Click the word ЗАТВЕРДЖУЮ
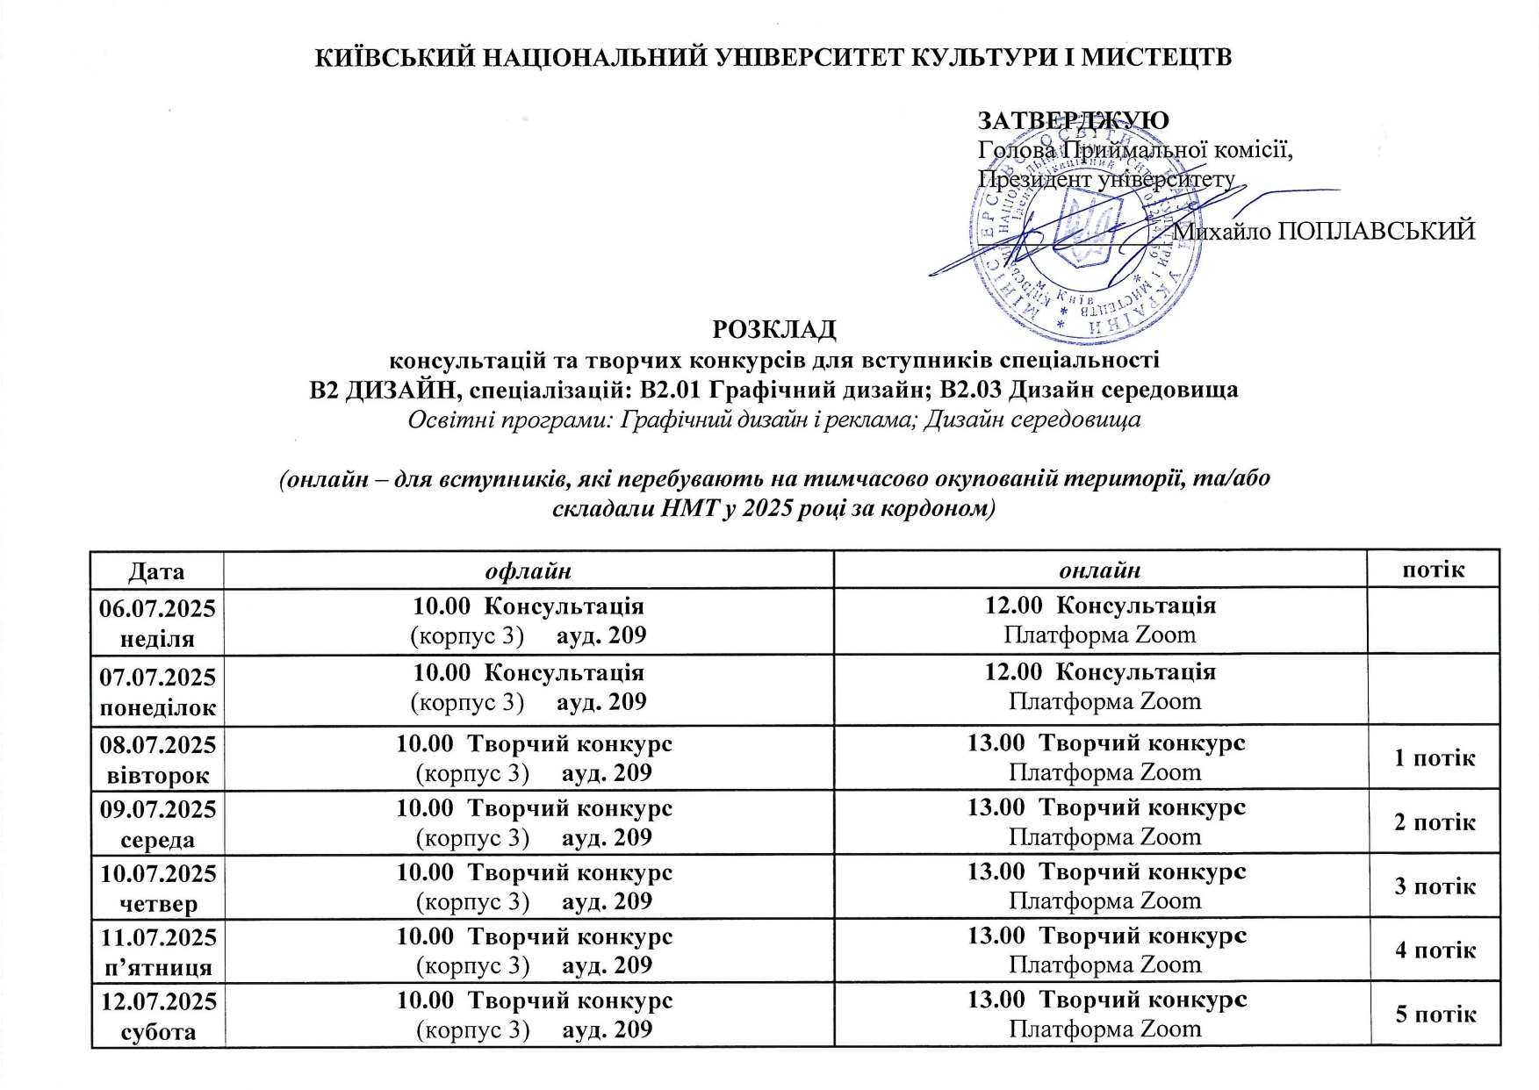[x=1073, y=120]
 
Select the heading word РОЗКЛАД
[x=773, y=330]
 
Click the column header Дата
[x=156, y=571]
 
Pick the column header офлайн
[x=529, y=571]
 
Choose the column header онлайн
[x=1099, y=571]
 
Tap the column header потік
[x=1433, y=570]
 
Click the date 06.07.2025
[x=157, y=608]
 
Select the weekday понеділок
[x=157, y=707]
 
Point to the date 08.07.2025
[x=157, y=745]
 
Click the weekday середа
[x=157, y=840]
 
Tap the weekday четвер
[x=157, y=904]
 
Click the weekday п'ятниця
[x=157, y=968]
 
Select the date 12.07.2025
[x=157, y=1001]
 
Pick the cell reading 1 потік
[x=1435, y=757]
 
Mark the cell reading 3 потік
[x=1435, y=886]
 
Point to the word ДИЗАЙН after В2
[x=398, y=390]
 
